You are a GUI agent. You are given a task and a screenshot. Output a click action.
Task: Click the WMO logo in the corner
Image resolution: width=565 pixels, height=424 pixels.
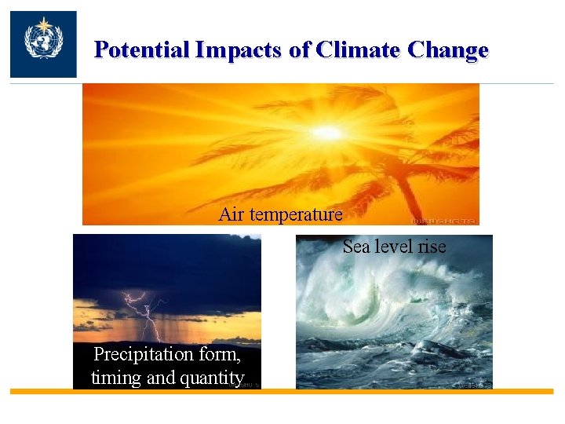pyautogui.click(x=43, y=44)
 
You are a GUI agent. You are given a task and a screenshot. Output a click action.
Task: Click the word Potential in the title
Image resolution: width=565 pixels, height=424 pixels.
pyautogui.click(x=142, y=50)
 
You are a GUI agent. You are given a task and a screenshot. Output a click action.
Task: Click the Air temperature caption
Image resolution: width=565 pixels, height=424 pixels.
pyautogui.click(x=280, y=214)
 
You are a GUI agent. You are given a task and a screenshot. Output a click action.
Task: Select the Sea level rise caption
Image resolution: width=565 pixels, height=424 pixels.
pyautogui.click(x=394, y=247)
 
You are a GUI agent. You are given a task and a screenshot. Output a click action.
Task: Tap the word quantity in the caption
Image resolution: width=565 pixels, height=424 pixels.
pyautogui.click(x=213, y=378)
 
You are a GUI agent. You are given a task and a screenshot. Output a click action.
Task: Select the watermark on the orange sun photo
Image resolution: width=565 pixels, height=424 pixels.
pyautogui.click(x=454, y=220)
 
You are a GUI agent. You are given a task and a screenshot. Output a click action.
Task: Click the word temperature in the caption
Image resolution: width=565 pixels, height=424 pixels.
pyautogui.click(x=296, y=214)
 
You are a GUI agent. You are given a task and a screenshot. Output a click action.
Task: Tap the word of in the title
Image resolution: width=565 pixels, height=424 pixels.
pyautogui.click(x=300, y=50)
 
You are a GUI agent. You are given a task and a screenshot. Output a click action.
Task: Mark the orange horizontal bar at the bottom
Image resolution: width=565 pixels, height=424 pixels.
pyautogui.click(x=282, y=391)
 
